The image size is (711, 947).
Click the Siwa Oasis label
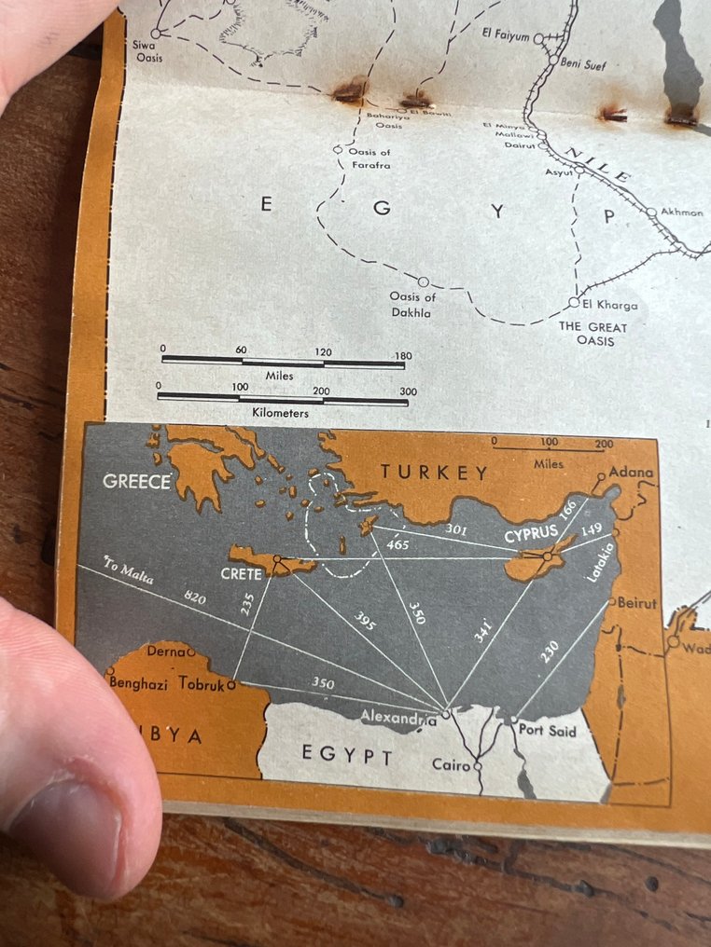point(149,52)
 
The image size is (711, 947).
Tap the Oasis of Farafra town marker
point(338,149)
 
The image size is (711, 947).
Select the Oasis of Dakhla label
point(411,305)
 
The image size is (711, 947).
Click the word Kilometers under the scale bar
point(280,412)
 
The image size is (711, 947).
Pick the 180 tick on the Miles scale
point(403,355)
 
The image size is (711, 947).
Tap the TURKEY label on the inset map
point(434,473)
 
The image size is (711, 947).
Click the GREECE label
point(137,482)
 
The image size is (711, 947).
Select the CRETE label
point(242,574)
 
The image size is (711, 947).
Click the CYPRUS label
point(531,536)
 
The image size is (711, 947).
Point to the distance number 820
point(194,598)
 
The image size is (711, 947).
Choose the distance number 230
point(550,650)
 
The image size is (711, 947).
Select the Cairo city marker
point(478,766)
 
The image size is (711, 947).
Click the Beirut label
point(637,603)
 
